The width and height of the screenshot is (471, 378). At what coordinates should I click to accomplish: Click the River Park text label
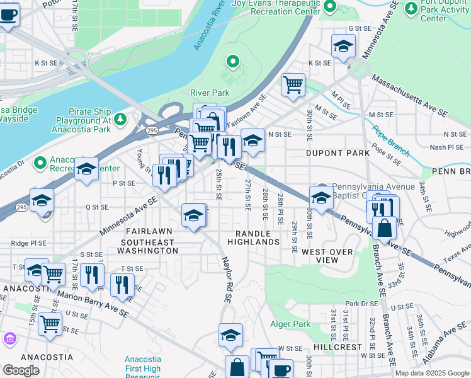tap(210, 93)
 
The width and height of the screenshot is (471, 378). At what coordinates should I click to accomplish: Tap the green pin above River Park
tap(232, 62)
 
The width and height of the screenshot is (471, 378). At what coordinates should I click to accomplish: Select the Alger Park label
tap(290, 324)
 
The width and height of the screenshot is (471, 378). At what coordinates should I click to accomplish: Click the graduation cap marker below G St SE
tap(343, 45)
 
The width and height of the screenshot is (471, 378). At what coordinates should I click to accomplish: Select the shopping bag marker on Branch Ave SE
tap(384, 229)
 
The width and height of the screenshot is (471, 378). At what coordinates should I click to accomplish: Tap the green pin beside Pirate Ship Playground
tap(120, 118)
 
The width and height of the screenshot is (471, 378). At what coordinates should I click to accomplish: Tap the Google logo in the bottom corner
tap(21, 370)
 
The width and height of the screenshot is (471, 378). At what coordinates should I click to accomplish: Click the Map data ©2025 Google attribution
tap(432, 373)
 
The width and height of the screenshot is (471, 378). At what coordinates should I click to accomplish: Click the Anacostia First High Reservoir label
tap(142, 364)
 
